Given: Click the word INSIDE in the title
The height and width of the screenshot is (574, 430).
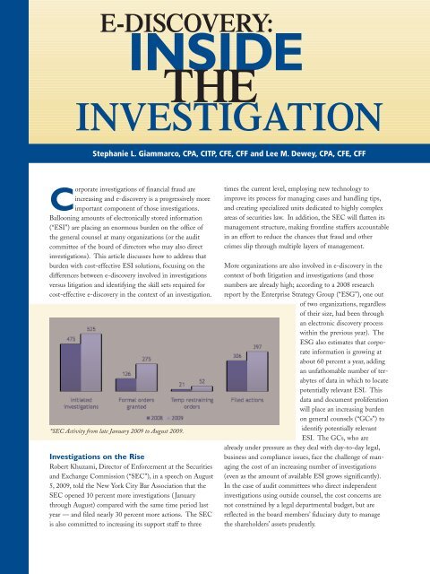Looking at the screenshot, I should (215, 54).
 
